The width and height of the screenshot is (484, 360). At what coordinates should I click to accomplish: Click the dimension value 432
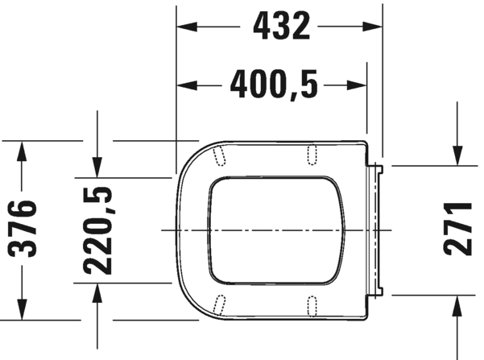click(x=281, y=26)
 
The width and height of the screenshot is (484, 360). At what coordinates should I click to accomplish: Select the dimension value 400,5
click(x=274, y=85)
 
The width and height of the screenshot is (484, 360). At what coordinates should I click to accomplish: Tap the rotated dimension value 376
click(x=23, y=228)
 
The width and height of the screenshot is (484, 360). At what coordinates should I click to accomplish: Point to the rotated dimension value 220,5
click(x=97, y=230)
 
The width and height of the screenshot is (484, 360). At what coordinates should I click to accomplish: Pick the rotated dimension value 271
click(x=457, y=229)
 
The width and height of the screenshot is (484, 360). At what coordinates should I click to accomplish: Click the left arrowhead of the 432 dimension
click(x=187, y=27)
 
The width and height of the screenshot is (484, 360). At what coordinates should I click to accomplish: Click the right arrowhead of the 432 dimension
click(x=372, y=27)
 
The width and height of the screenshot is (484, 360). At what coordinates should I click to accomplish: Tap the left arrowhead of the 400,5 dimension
click(x=187, y=85)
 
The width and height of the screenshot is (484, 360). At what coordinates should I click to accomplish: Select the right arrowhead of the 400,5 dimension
click(x=357, y=85)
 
